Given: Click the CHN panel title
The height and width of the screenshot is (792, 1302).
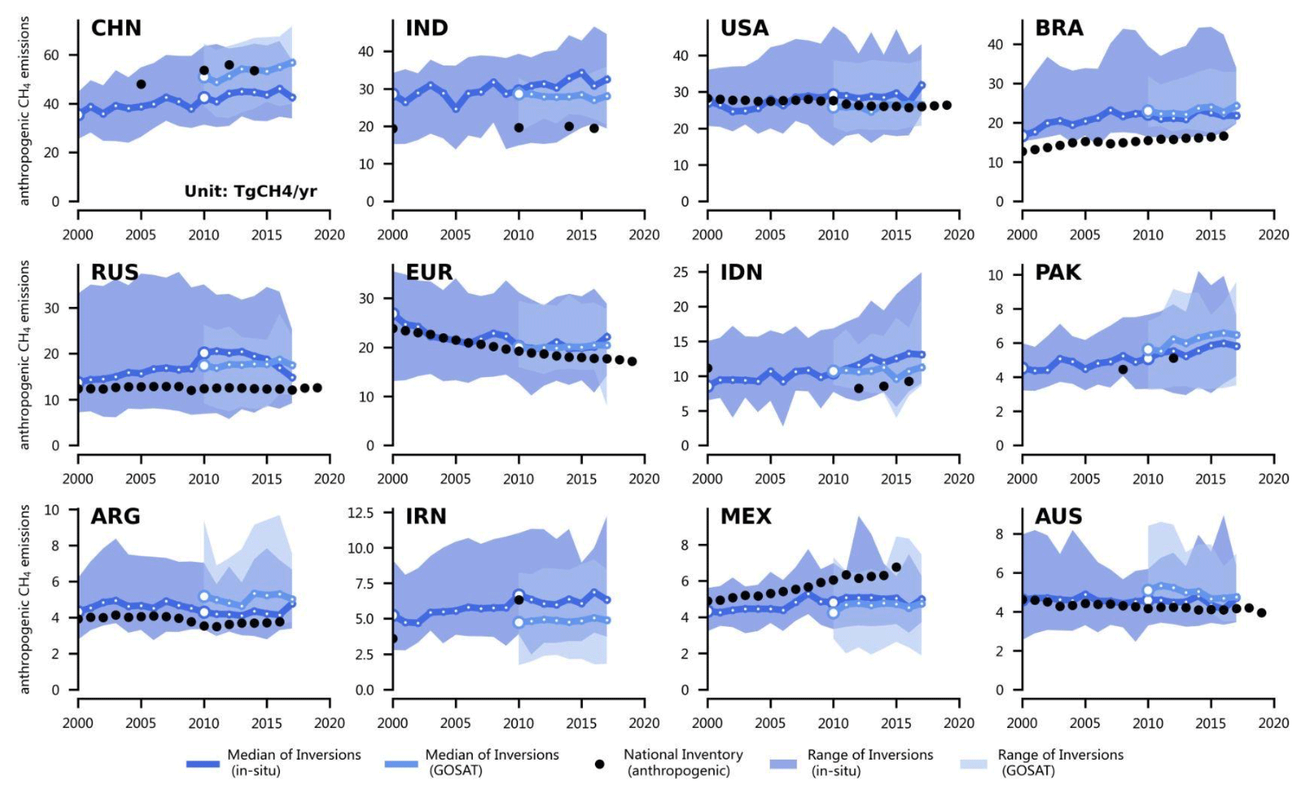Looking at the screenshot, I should click(x=116, y=28).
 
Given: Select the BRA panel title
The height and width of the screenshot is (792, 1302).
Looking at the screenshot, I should click(x=1059, y=28).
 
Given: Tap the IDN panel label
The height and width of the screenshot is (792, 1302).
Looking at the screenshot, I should click(x=741, y=273).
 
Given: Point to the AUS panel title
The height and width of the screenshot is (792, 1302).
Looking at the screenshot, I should click(x=1058, y=517).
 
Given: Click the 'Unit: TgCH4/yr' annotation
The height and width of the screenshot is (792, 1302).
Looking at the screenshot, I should click(x=250, y=192).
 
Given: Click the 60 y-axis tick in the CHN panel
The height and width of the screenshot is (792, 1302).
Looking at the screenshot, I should click(x=51, y=55).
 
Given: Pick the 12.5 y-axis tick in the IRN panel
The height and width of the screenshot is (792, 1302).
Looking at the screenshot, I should click(x=360, y=513).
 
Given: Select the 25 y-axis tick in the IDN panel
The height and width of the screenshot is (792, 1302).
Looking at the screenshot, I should click(x=681, y=273).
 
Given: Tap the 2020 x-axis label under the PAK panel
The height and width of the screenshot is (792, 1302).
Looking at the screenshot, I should click(x=1273, y=479).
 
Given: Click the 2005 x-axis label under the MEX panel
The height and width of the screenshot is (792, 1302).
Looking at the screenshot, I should click(x=770, y=723).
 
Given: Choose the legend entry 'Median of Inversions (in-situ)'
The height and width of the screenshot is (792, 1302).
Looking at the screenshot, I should click(x=293, y=762).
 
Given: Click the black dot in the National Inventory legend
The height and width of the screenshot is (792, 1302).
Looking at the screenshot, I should click(x=599, y=764).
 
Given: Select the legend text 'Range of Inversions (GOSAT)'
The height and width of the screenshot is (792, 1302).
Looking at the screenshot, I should click(x=1060, y=762).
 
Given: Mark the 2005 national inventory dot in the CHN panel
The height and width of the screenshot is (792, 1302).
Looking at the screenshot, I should click(x=141, y=84).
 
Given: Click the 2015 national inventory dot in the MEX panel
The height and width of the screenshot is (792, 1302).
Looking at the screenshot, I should click(x=897, y=567).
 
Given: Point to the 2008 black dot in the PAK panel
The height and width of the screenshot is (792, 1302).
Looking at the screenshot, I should click(x=1123, y=369).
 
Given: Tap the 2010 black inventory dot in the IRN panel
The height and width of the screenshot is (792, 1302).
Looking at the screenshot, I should click(x=519, y=599).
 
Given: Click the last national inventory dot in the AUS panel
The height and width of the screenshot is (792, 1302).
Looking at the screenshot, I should click(x=1262, y=613).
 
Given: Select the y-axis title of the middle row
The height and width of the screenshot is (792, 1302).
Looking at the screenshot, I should click(x=25, y=356).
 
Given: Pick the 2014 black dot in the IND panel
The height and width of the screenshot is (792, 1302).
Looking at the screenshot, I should click(x=569, y=126).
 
